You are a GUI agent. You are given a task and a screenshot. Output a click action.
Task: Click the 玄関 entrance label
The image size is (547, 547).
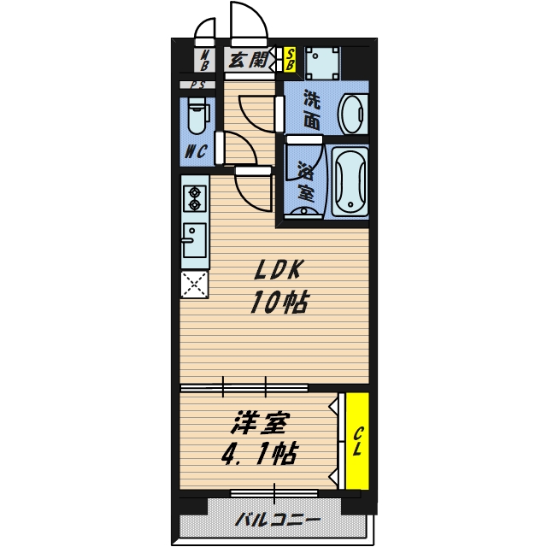coord(248,60)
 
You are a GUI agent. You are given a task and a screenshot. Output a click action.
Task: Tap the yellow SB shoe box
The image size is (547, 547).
coord(290,59)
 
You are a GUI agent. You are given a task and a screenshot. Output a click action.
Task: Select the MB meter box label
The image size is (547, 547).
coord(205,60)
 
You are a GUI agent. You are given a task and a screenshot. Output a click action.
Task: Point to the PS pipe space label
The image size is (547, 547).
coord(197,85)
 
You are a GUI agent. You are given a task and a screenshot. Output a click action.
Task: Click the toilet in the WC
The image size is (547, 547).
coord(197,115)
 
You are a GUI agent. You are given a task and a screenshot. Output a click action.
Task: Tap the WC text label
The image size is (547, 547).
coord(196,151)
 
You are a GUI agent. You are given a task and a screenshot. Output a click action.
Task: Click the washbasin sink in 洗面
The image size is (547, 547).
coord(353,114)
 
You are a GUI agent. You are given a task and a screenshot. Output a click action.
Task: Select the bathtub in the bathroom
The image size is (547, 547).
coord(350,182)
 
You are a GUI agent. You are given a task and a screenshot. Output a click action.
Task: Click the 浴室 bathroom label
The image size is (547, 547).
coord(306,181)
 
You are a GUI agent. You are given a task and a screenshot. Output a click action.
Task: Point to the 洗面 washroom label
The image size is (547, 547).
coord(311,109)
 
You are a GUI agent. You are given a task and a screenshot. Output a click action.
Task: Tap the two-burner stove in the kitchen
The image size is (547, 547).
coord(195,198)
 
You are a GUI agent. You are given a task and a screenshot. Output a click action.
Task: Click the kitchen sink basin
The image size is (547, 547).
coord(194,240)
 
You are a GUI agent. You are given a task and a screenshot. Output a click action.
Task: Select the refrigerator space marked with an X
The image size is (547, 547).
coord(194,285)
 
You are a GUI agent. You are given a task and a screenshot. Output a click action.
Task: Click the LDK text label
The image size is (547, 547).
coord(277,270)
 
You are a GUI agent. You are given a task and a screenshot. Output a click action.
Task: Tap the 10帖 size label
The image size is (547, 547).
coord(279,302)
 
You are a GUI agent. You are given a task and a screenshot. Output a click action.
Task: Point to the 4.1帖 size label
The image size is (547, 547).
coord(260,454)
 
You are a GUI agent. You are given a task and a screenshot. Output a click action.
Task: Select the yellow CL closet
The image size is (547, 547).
coord(357,441)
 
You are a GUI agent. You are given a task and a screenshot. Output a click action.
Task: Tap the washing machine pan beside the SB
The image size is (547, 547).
coord(322,63)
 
